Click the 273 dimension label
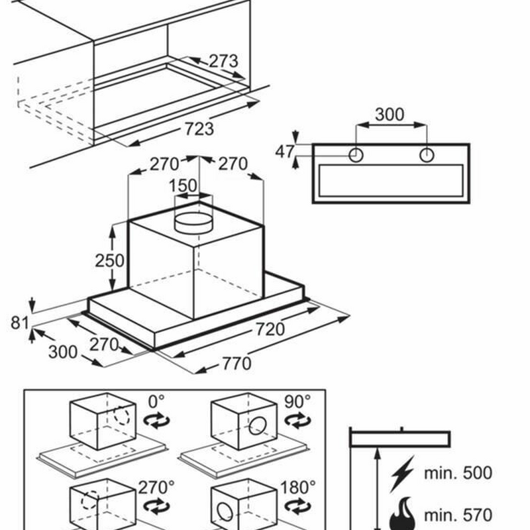pos(223,62)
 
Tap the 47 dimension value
pos(284,152)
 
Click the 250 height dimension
pos(109,260)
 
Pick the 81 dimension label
pos(21,323)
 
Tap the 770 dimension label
pos(236,363)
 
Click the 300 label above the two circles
pos(389,114)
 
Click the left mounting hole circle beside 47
pos(356,155)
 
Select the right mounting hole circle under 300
pos(427,155)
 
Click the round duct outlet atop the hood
pos(193,219)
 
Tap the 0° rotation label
pos(156,402)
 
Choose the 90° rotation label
pos(298,402)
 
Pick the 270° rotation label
pos(156,488)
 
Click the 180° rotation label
pos(298,488)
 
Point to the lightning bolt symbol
pos(402,473)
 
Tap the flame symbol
pos(402,513)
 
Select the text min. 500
pos(458,473)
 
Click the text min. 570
pos(458,515)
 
